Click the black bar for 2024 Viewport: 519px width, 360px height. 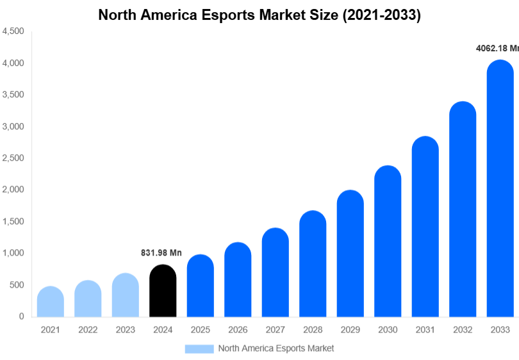163,291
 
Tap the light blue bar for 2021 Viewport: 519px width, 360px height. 51,302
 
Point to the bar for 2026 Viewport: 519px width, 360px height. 238,280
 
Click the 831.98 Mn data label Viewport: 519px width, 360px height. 161,253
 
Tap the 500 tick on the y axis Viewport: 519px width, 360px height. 17,284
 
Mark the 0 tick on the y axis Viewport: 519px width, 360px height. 21,316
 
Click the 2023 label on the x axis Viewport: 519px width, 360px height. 126,330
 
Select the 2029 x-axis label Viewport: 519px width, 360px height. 350,330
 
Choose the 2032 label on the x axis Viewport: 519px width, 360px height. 462,330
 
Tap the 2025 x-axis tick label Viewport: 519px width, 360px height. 200,330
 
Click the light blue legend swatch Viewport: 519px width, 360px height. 199,348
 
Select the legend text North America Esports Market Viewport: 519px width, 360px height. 276,348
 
